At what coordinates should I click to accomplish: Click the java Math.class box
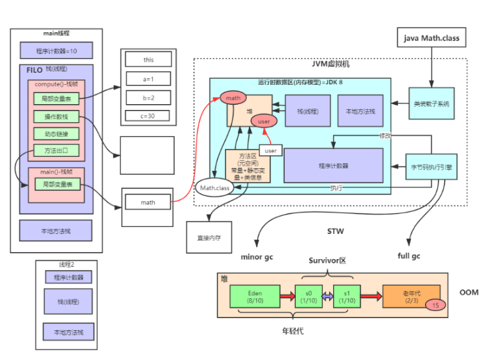click(431, 38)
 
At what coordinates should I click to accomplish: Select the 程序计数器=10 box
click(56, 50)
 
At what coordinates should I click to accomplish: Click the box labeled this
click(149, 60)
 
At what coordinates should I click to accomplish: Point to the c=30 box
click(149, 116)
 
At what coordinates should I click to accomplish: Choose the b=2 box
click(149, 98)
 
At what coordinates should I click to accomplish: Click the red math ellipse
click(233, 98)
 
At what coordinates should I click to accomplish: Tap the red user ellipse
click(264, 121)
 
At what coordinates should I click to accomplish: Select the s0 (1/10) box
click(307, 296)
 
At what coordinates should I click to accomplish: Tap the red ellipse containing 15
click(435, 305)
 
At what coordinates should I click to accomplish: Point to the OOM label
click(469, 292)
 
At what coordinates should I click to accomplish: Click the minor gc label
click(257, 256)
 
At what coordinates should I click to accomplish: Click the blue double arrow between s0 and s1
click(327, 296)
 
